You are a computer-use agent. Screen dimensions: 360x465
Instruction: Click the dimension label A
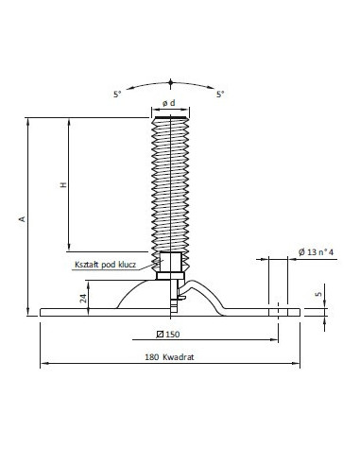(23, 218)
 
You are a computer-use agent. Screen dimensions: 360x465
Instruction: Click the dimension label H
(63, 184)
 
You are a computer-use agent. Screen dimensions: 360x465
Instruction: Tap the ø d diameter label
(169, 103)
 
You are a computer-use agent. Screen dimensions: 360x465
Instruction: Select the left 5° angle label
(117, 94)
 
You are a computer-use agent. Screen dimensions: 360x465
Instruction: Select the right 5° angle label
(220, 94)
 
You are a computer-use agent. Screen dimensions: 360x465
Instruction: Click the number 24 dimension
(83, 298)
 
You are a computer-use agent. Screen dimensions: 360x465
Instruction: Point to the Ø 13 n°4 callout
(316, 252)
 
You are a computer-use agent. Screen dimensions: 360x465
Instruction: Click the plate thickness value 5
(318, 294)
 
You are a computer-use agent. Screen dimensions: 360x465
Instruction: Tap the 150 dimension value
(173, 335)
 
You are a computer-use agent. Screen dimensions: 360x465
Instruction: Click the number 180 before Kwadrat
(151, 357)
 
